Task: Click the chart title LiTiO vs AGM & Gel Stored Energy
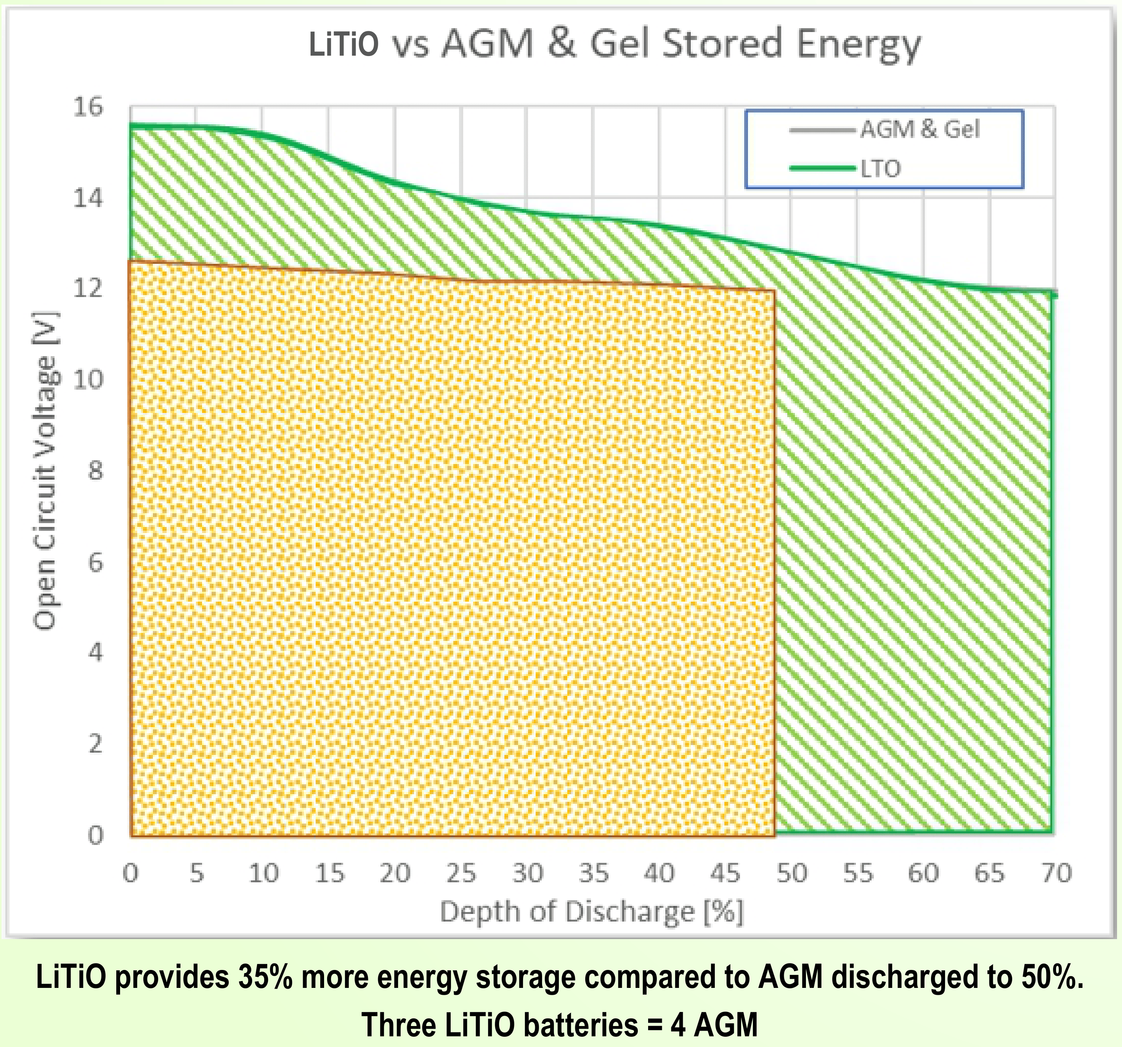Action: tap(614, 44)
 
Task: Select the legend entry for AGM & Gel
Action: tap(920, 129)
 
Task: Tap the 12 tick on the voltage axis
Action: tap(88, 288)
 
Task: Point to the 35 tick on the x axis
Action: tap(594, 873)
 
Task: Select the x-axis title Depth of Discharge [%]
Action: tap(591, 912)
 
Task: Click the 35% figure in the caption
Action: tap(265, 976)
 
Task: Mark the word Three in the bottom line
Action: tap(399, 1025)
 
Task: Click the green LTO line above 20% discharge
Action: tap(395, 182)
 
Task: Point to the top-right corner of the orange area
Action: tap(774, 291)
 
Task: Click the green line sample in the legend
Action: tap(823, 168)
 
